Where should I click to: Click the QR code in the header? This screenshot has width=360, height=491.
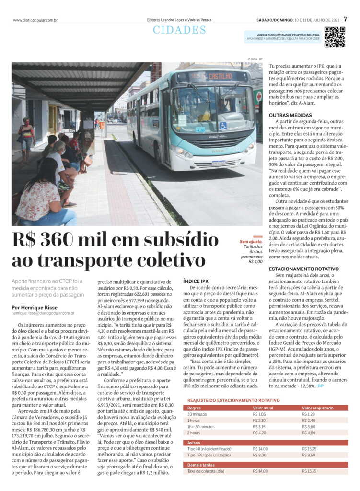[x=334, y=37]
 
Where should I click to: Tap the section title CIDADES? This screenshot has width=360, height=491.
[x=180, y=30]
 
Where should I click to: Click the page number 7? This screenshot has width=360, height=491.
[x=345, y=20]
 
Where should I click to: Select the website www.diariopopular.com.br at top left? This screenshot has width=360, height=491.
[x=35, y=20]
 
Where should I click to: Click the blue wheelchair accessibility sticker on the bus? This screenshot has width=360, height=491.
[x=222, y=126]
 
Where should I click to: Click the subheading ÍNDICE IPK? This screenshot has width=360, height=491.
[x=196, y=281]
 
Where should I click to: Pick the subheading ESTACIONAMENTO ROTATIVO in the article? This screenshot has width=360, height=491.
[x=304, y=269]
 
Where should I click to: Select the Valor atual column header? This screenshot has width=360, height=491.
[x=263, y=408]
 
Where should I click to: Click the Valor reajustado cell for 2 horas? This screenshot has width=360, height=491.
[x=309, y=433]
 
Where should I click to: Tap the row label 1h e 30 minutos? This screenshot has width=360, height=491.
[x=202, y=426]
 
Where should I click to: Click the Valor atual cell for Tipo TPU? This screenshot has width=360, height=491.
[x=259, y=455]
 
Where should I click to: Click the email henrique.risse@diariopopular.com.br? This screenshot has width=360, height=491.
[x=43, y=313]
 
